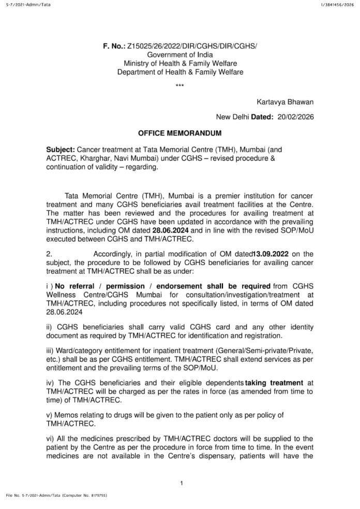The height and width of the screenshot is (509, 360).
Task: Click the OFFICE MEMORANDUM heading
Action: [180, 133]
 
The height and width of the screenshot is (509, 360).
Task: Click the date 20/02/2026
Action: [295, 117]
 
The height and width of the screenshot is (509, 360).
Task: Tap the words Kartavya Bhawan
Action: [285, 101]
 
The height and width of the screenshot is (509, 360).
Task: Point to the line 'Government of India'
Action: [179, 55]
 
